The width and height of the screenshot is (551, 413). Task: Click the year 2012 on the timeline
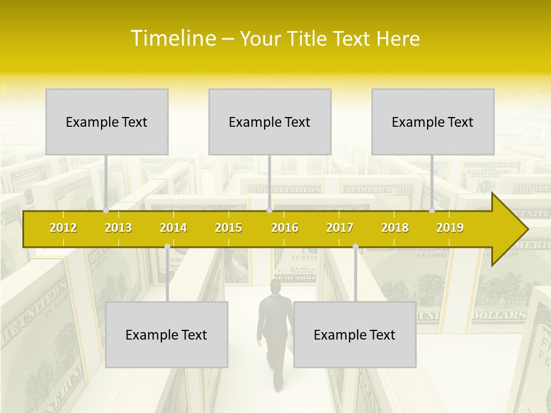coord(63,228)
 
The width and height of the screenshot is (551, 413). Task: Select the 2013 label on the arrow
coord(118,228)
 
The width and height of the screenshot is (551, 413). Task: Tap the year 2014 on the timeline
coord(173,228)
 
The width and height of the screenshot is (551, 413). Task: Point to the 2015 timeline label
coord(228,228)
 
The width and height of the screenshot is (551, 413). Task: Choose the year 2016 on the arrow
coord(285,228)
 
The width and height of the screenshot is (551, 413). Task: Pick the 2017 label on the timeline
coord(340,228)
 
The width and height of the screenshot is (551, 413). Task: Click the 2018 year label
coord(395,228)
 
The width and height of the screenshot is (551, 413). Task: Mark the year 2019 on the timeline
coord(450,228)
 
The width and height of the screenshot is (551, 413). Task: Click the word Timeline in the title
coord(172,38)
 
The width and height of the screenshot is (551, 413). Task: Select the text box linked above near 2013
coord(107,122)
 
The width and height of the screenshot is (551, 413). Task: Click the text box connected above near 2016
coord(270,122)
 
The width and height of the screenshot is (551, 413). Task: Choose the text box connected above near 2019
coord(433,122)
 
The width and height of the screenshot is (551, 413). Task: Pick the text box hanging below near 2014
coord(166,334)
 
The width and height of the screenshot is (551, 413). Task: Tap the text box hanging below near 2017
coord(355,334)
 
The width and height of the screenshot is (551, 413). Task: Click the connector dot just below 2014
coord(167,246)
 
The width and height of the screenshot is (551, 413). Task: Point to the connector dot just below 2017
coord(355,246)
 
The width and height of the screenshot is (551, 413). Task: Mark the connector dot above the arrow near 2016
coord(269,210)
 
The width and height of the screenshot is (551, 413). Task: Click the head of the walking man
coord(276,286)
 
